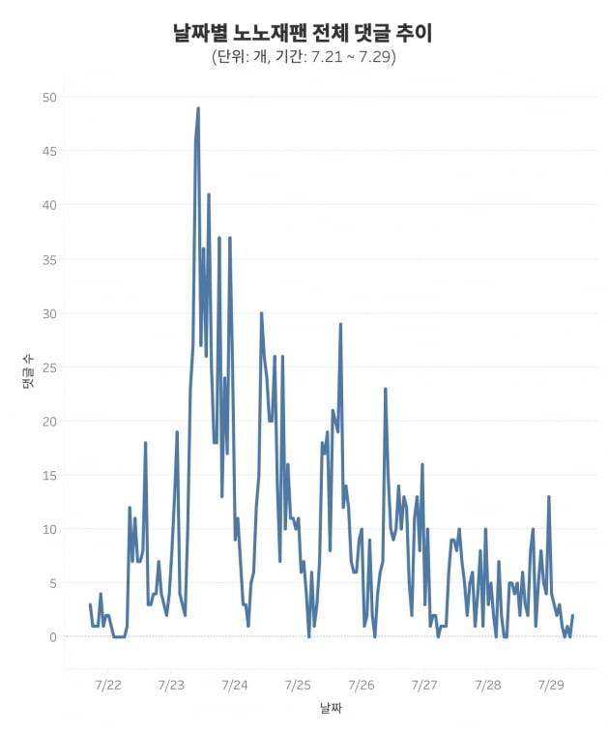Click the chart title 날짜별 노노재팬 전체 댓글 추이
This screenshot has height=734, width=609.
point(304,33)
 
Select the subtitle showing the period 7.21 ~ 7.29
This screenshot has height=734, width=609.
point(304,57)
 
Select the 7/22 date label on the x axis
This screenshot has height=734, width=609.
point(107,685)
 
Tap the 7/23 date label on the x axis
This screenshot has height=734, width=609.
point(170,685)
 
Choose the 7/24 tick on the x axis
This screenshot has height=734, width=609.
point(234,685)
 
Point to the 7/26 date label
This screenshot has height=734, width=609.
point(361,685)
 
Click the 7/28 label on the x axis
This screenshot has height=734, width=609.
point(488,685)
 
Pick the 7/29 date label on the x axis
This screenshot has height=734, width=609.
point(550,685)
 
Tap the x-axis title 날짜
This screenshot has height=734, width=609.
point(332,709)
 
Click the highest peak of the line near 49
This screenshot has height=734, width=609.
point(198,108)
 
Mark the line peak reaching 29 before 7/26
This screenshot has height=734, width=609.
point(340,324)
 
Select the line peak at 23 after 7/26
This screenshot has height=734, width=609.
point(385,389)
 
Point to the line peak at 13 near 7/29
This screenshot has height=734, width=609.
point(548,497)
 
